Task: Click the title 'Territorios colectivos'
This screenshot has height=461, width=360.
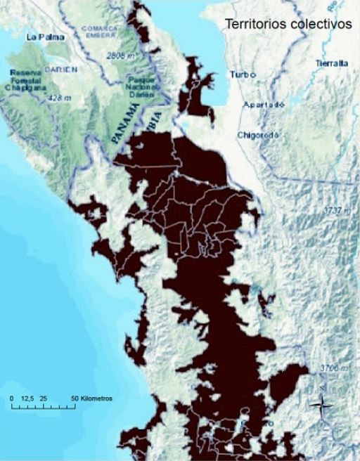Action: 288,24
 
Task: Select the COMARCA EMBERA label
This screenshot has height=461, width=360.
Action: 98,32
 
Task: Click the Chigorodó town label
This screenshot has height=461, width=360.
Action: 260,134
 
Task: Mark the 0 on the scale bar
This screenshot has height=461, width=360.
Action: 11,398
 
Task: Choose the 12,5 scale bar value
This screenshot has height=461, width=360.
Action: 29,398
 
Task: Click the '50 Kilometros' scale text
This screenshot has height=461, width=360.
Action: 93,398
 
